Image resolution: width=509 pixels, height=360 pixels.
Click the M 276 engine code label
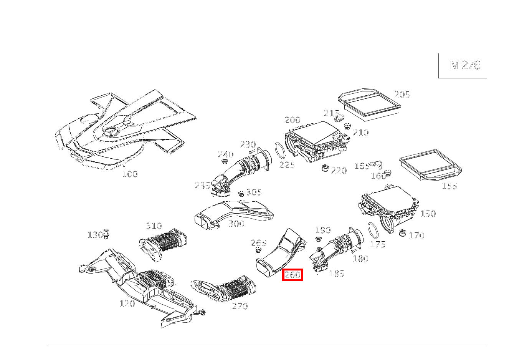(x=465, y=65)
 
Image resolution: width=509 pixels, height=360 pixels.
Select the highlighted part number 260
(x=293, y=275)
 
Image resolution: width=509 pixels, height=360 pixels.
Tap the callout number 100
(x=130, y=174)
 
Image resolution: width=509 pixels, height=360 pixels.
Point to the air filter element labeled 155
(x=430, y=165)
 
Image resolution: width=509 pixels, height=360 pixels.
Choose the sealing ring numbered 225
(x=280, y=150)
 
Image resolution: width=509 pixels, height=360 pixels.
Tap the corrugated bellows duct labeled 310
(x=163, y=245)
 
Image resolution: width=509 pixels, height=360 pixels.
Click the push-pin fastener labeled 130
(x=106, y=234)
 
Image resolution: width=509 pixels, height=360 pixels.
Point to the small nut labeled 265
(x=258, y=250)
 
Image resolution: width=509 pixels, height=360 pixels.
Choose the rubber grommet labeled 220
(x=325, y=168)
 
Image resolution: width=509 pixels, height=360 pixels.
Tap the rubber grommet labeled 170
(x=403, y=233)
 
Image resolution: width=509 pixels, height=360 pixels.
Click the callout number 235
(x=202, y=186)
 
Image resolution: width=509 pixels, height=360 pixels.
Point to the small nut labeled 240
(x=225, y=162)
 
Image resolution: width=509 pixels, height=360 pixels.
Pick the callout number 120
(x=127, y=304)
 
